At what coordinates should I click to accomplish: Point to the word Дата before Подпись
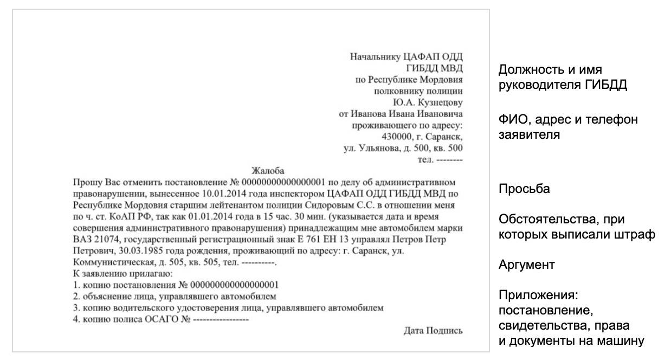414,330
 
